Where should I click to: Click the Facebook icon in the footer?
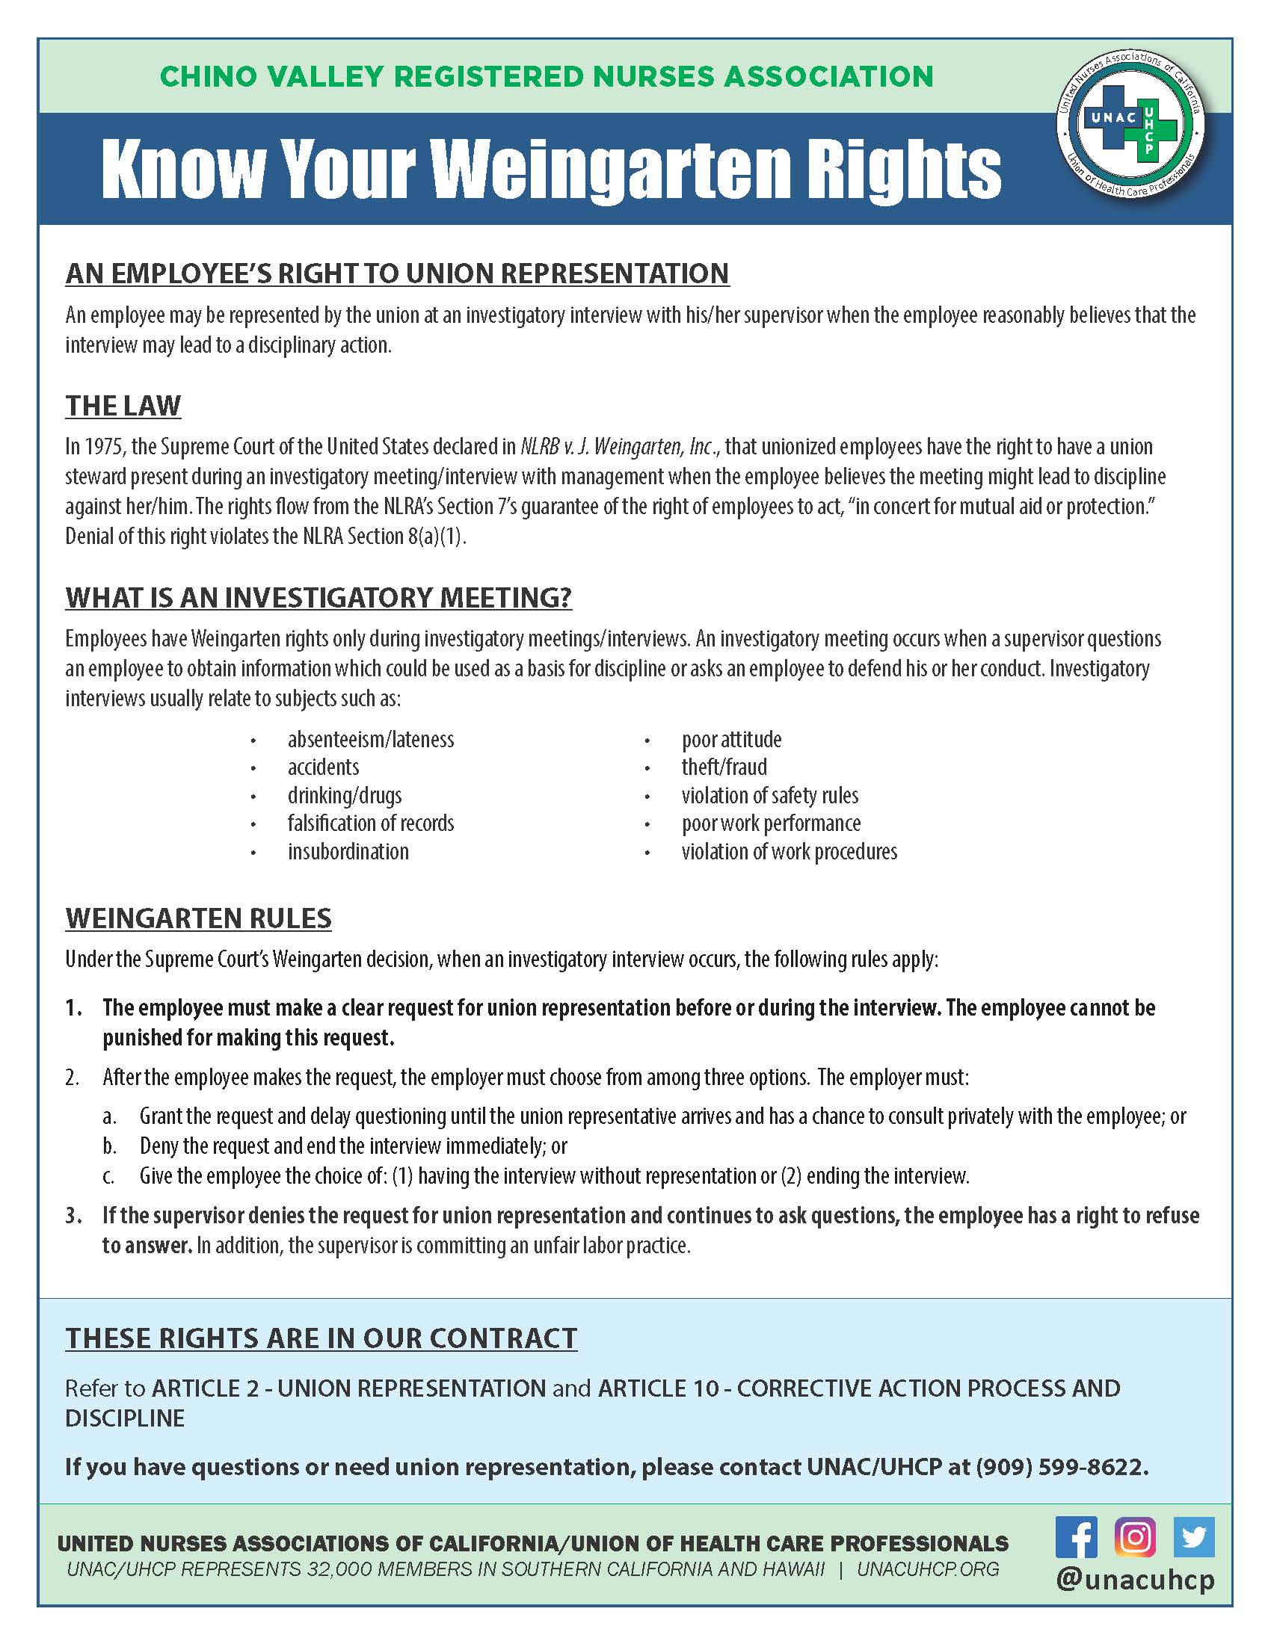coord(1076,1536)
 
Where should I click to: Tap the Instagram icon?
coord(1135,1536)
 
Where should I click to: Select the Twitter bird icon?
coord(1193,1536)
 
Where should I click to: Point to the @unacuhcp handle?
coord(1135,1579)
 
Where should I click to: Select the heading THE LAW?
coord(123,406)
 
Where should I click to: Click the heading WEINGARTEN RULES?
coord(199,918)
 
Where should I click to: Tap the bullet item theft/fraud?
coord(724,767)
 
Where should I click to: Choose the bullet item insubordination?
coord(348,851)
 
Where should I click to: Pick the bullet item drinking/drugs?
coord(344,796)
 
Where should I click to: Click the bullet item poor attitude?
coord(731,739)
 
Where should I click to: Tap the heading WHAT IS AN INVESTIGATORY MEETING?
coord(318,598)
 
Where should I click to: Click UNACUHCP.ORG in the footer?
coord(928,1569)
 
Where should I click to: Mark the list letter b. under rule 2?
coord(110,1146)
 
